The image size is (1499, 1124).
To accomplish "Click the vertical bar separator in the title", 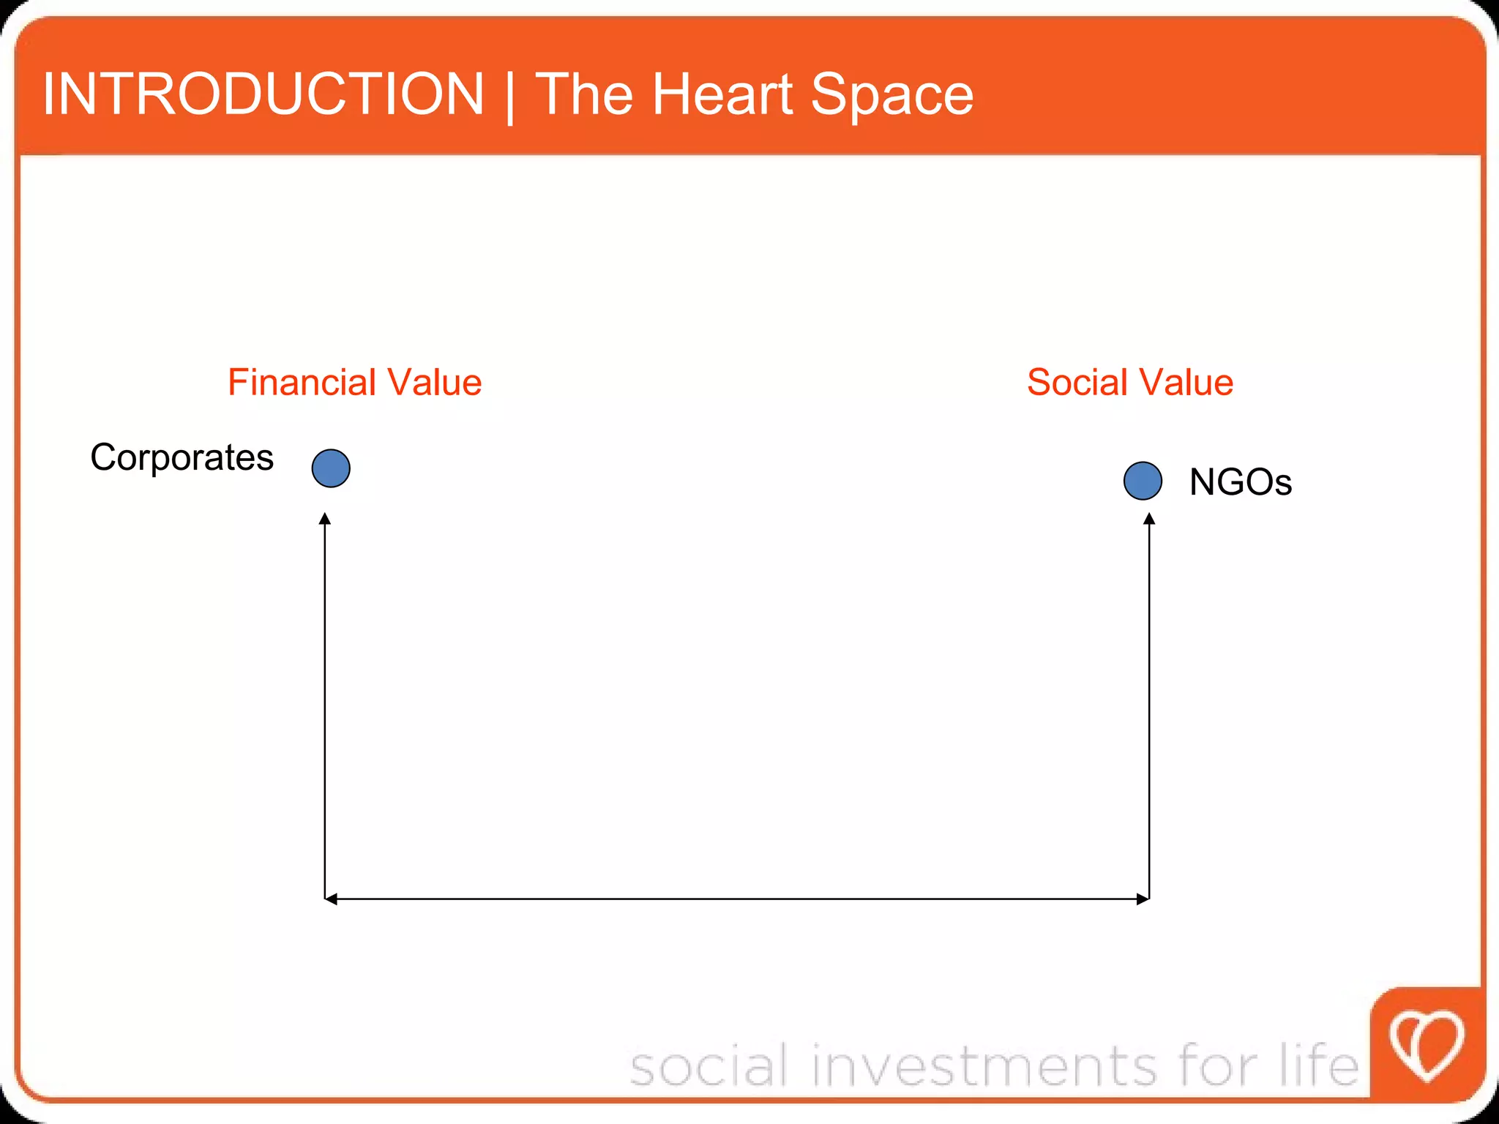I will click(509, 97).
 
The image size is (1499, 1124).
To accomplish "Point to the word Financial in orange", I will click(302, 382).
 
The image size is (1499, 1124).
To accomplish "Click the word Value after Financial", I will click(434, 382).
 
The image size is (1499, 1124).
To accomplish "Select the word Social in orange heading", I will click(1077, 382).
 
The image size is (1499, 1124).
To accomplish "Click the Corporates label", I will click(182, 458).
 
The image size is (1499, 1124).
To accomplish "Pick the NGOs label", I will click(1240, 482).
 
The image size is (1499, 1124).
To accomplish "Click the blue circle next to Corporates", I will click(331, 468).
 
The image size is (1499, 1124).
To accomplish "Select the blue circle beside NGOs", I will click(1143, 481).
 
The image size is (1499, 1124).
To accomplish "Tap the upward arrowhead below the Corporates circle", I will click(325, 519).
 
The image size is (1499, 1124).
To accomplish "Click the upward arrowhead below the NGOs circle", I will click(1149, 519).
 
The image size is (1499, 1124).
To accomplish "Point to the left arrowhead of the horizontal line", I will click(331, 899).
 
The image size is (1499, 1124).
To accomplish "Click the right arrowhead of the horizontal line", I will click(1143, 899).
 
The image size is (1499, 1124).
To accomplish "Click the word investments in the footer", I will click(984, 1065).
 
